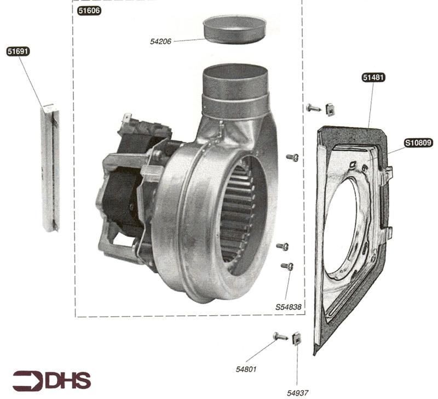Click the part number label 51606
[x=89, y=10]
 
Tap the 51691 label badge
[x=18, y=52]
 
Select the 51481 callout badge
[x=374, y=77]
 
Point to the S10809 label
[x=418, y=143]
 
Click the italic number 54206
[x=160, y=42]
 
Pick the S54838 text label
[x=289, y=307]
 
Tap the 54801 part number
[x=246, y=369]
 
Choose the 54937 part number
[x=297, y=393]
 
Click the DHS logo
[x=52, y=381]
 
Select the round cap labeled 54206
[x=234, y=30]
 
